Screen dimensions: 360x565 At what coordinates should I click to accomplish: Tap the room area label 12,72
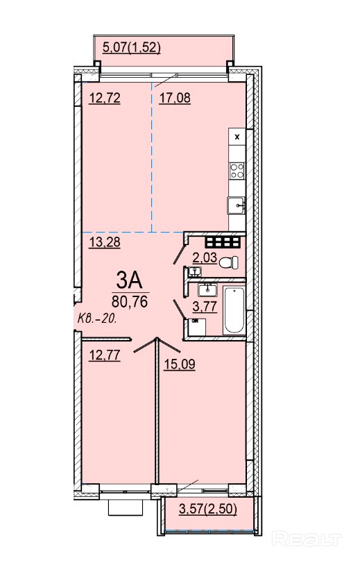coord(105,98)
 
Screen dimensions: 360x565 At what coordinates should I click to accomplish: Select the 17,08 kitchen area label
coord(175,98)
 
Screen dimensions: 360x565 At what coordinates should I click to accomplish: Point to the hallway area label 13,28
coord(105,242)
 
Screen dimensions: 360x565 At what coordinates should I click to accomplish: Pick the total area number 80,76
coord(130,301)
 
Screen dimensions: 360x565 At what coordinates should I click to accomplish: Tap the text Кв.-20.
coord(97,319)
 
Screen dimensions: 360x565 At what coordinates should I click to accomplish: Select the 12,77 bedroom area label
coord(105,355)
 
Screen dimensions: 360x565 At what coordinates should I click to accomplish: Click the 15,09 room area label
coord(180,364)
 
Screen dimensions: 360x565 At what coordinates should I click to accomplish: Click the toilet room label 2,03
coord(205,258)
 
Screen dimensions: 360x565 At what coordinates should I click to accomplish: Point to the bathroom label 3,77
coord(205,307)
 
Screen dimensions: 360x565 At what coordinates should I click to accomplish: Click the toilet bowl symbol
coord(229,262)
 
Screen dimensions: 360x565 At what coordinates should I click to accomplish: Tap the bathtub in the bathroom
coord(234,310)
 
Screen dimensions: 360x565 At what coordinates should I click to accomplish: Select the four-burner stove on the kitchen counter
coord(237,170)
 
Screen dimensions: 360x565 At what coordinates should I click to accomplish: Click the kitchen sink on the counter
coord(236,205)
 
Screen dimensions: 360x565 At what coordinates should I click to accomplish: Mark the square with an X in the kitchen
coord(237,137)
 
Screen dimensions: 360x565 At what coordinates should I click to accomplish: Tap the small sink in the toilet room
coord(194,271)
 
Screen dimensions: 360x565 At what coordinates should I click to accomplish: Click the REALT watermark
coord(307,539)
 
